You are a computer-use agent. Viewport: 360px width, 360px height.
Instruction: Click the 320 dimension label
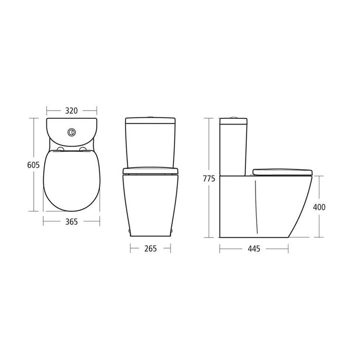click(x=71, y=111)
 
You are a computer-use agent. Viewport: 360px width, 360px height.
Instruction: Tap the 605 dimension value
click(x=33, y=165)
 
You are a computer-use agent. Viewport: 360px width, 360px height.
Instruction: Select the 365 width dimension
click(x=71, y=222)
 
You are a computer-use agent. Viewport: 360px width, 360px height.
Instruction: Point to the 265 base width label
click(x=150, y=248)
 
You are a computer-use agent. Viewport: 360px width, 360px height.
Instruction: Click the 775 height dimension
click(x=209, y=178)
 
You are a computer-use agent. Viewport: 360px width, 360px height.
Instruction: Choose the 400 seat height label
click(x=319, y=207)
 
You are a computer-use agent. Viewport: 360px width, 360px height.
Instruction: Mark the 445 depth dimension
click(x=254, y=248)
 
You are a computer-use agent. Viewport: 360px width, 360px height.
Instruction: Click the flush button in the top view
click(x=71, y=132)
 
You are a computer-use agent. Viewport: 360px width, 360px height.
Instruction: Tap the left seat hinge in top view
click(x=60, y=150)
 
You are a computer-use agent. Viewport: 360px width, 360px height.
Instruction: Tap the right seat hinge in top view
click(x=83, y=150)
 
